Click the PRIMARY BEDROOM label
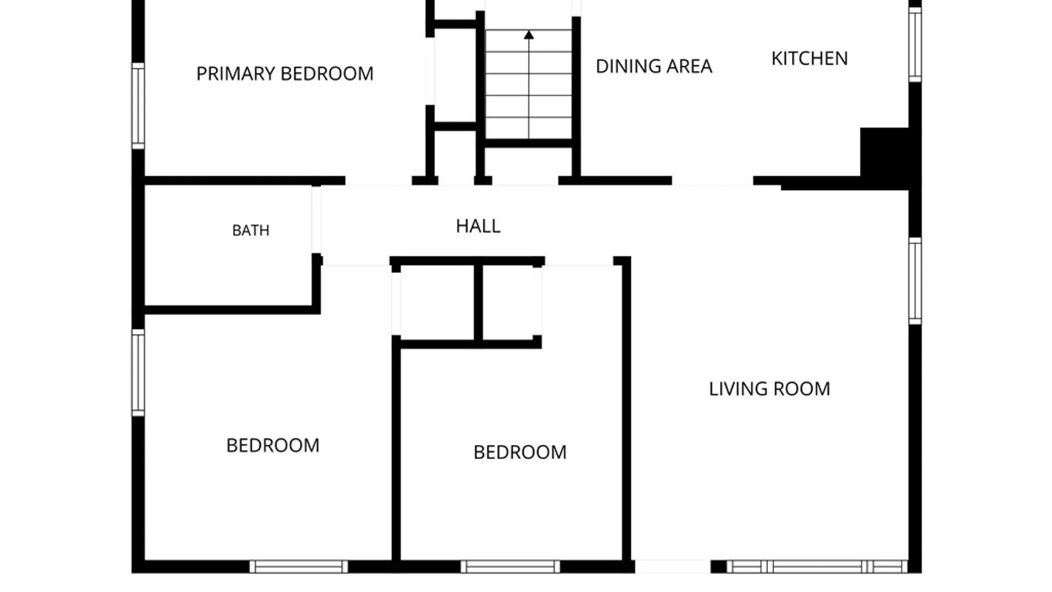point(285,73)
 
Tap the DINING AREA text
point(654,66)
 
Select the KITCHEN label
point(809,58)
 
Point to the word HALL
point(478,226)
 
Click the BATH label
point(251,230)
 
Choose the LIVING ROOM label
point(769,389)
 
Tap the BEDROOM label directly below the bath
point(273,445)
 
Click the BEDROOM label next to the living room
point(520,452)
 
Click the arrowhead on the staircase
point(529,35)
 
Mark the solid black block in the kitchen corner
point(884,156)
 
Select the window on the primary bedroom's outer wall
point(138,106)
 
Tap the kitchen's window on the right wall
point(915,44)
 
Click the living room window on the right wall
point(915,281)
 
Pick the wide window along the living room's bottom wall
point(817,567)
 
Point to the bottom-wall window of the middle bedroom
point(510,567)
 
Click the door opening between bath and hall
point(316,220)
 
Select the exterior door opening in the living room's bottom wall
point(673,567)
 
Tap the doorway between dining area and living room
point(713,181)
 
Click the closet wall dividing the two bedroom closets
point(478,303)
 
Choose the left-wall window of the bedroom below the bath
point(138,373)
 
